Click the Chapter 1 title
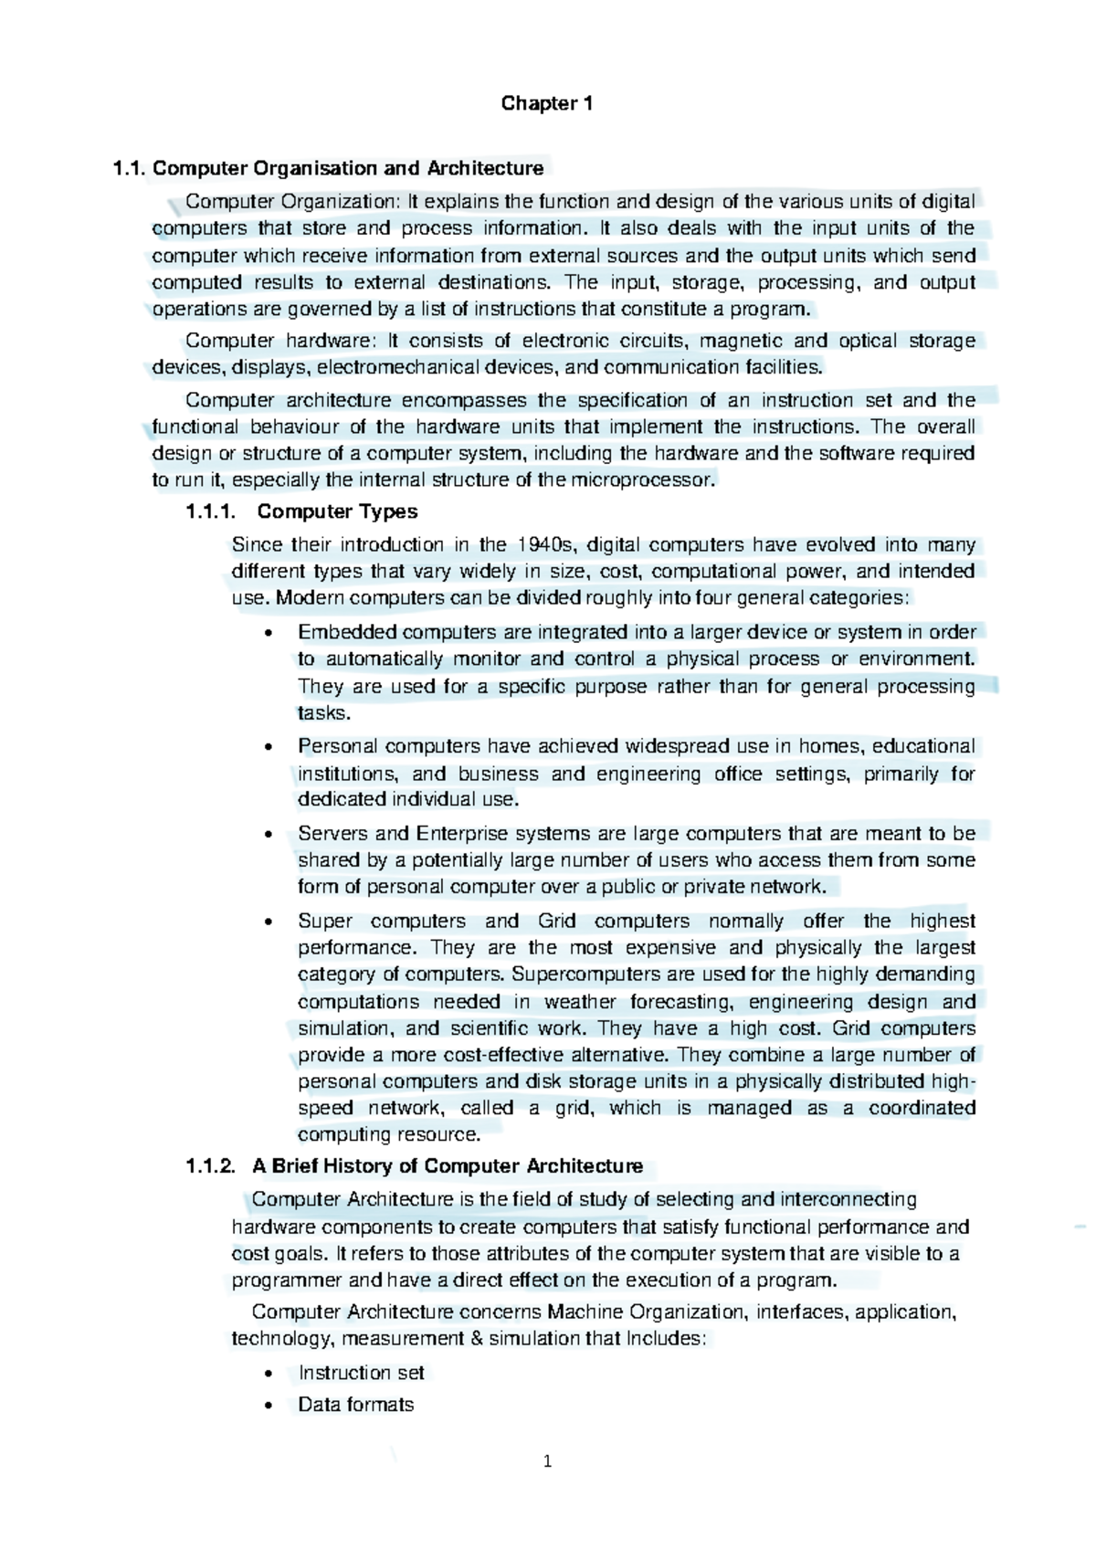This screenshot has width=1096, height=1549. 547,104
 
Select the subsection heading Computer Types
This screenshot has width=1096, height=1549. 337,511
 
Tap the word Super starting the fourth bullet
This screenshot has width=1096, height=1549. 324,922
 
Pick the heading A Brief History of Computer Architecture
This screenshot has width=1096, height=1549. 448,1166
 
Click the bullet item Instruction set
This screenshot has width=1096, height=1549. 361,1374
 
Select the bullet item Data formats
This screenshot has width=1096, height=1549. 356,1406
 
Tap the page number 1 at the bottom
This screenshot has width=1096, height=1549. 547,1462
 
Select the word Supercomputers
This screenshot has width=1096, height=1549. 580,975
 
